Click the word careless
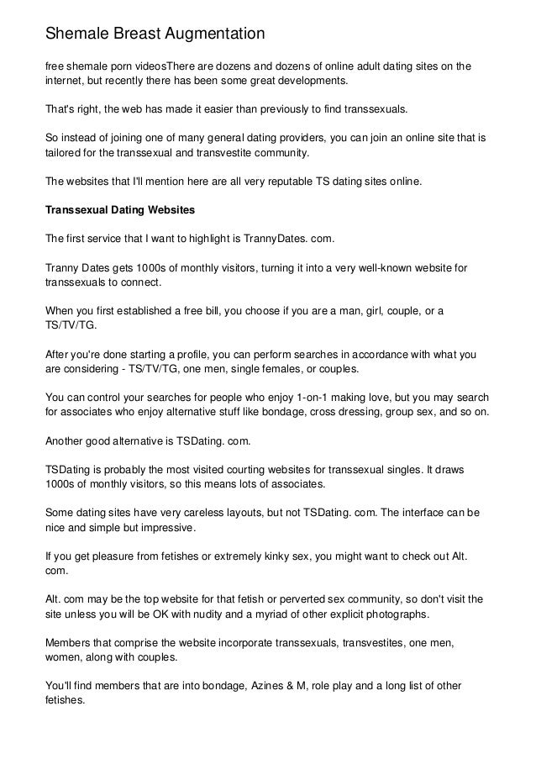coord(222,511)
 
